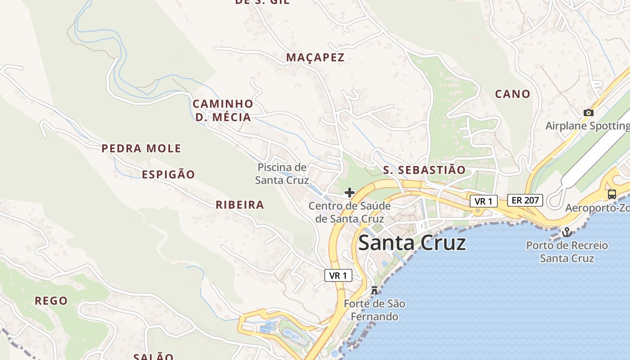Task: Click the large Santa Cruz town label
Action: click(x=412, y=243)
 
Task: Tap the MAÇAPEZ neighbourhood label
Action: click(x=315, y=58)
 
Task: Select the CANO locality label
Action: click(x=513, y=94)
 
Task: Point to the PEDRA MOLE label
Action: click(x=141, y=148)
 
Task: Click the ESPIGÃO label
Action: click(x=168, y=175)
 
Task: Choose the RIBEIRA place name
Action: click(x=239, y=205)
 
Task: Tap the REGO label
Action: click(x=51, y=301)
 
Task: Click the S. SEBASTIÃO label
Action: click(x=424, y=170)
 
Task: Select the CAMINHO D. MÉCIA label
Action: click(x=223, y=111)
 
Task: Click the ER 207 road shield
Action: click(x=525, y=200)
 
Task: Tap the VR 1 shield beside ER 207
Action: click(x=484, y=201)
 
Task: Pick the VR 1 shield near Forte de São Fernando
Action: click(x=338, y=275)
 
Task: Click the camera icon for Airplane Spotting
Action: click(x=588, y=113)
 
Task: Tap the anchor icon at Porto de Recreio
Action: click(x=567, y=233)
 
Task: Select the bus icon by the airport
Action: click(x=612, y=194)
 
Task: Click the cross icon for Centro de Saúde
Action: click(x=350, y=193)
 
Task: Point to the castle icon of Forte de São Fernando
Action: click(x=374, y=290)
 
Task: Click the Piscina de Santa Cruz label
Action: click(x=282, y=174)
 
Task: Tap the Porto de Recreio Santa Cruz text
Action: click(x=567, y=252)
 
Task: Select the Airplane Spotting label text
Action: click(x=587, y=126)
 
